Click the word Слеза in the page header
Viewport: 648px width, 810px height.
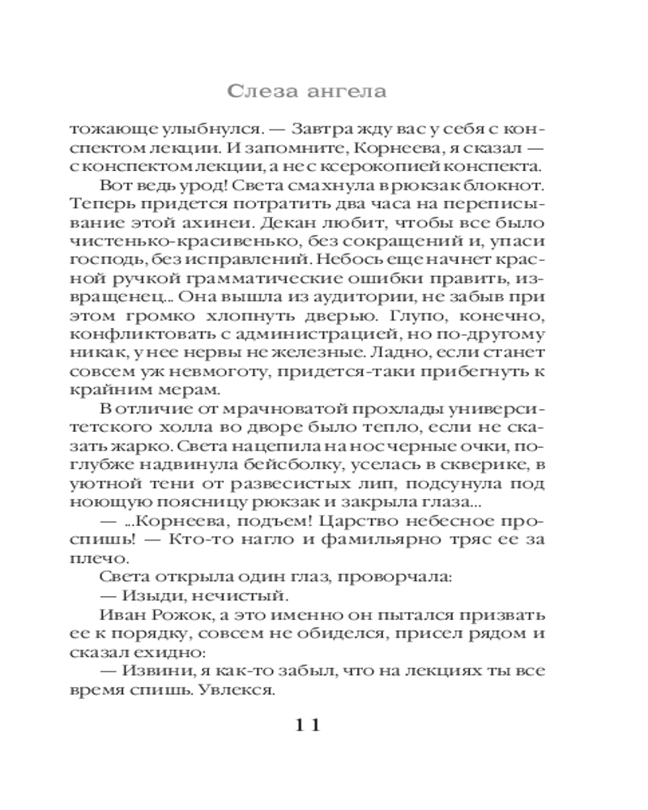coord(262,91)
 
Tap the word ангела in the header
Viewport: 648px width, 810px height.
coord(343,91)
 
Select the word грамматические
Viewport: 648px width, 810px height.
coord(268,279)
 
